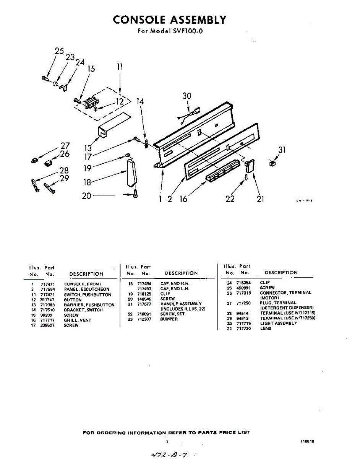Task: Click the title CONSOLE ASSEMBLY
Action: pos(169,20)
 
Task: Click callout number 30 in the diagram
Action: pos(186,96)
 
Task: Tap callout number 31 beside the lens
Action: pos(282,150)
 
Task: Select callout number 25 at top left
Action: pos(59,51)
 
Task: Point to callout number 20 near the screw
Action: pos(87,195)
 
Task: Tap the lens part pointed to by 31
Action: pos(272,163)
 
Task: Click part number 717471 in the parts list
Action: pos(48,284)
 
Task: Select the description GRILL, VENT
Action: pos(78,320)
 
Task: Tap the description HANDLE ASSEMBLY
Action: pos(181,304)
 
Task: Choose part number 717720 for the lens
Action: pos(243,329)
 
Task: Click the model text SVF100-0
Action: pos(186,31)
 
